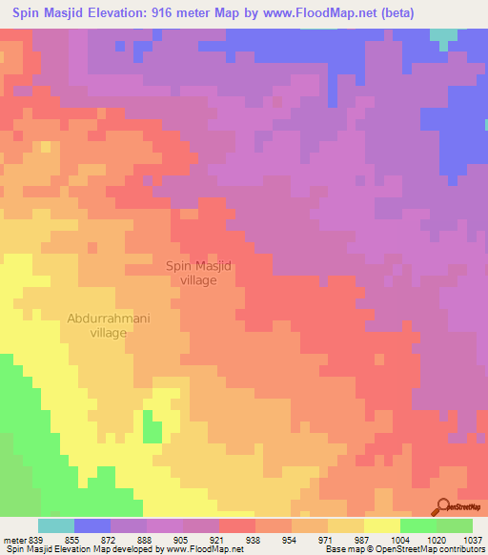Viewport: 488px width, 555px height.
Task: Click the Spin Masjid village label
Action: pyautogui.click(x=200, y=274)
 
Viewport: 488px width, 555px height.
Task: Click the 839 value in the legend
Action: pyautogui.click(x=34, y=539)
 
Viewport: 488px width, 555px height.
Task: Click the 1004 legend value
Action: pyautogui.click(x=400, y=539)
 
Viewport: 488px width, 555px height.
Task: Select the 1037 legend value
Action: pyautogui.click(x=473, y=539)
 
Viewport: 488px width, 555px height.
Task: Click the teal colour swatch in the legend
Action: pyautogui.click(x=56, y=525)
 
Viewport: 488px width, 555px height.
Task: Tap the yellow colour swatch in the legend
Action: pyautogui.click(x=382, y=525)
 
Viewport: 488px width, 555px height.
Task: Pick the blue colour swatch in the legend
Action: pyautogui.click(x=92, y=525)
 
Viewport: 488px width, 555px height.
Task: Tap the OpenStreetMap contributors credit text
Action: pyautogui.click(x=419, y=549)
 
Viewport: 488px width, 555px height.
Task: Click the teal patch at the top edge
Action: pyautogui.click(x=442, y=36)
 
